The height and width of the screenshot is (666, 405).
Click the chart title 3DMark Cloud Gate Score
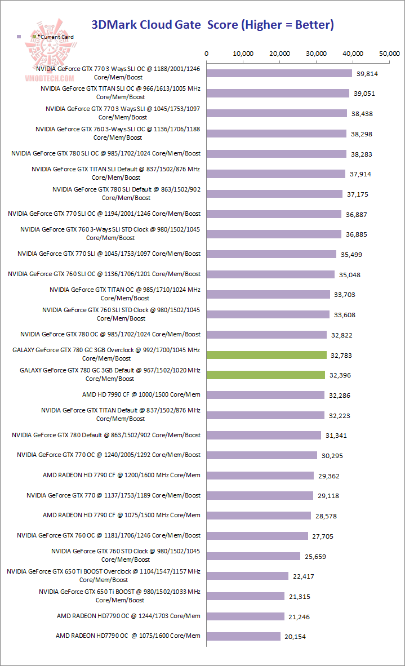[212, 25]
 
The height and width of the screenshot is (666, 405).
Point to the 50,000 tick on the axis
[389, 54]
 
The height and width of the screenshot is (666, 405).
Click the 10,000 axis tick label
[243, 54]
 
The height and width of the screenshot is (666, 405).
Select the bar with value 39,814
[279, 73]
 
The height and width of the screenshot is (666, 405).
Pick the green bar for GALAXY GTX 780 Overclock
[266, 355]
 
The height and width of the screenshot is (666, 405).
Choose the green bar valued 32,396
[266, 375]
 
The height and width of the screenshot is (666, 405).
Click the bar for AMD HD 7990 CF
[265, 395]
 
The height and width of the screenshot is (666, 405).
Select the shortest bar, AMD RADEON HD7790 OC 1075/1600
[243, 636]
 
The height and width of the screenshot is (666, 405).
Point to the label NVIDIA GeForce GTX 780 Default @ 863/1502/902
[106, 435]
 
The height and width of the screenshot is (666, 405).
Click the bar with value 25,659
[253, 556]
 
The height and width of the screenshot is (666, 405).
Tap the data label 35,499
[351, 255]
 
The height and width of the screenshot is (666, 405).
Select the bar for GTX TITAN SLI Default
[276, 174]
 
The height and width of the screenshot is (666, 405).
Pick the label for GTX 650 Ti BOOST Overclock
[104, 575]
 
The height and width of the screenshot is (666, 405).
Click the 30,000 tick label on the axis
[317, 54]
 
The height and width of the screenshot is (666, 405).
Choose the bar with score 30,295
[262, 455]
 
